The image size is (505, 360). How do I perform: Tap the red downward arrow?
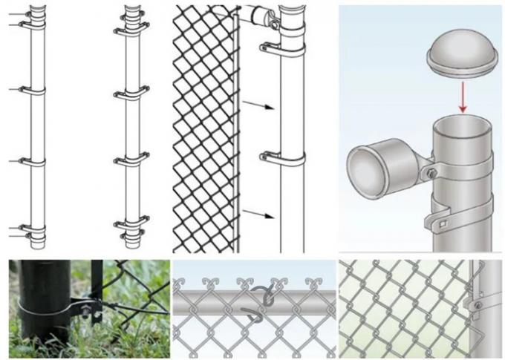click(462, 96)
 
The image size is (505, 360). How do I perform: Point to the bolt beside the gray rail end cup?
click(431, 173)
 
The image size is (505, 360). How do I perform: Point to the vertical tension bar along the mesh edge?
click(238, 134)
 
